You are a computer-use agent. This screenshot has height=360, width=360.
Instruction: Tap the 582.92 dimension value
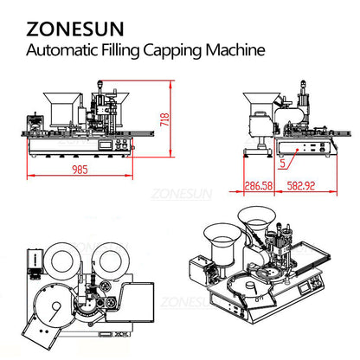(x=299, y=184)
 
